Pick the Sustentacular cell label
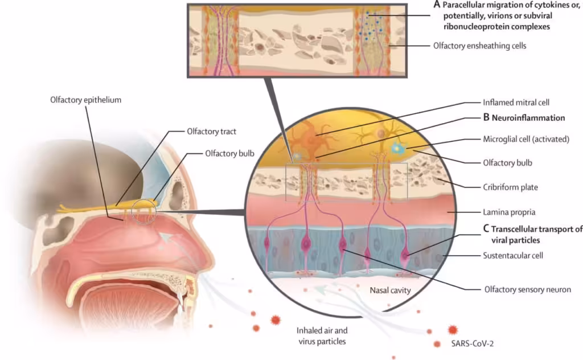pos(512,255)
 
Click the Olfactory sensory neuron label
pos(527,290)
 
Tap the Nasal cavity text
pos(390,291)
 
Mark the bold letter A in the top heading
pos(437,4)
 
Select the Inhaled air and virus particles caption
pos(322,336)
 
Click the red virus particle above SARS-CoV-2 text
pos(453,329)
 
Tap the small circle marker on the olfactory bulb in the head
pos(142,212)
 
